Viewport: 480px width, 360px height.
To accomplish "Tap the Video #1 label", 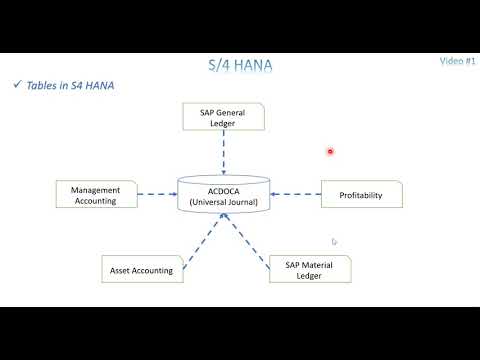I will [456, 62].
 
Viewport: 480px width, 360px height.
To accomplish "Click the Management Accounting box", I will [97, 194].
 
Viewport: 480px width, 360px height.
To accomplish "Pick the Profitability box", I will [361, 194].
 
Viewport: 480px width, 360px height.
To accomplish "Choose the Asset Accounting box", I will [140, 270].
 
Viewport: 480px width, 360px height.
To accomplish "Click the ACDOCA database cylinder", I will [224, 193].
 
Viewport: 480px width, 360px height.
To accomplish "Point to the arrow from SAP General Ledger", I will [224, 153].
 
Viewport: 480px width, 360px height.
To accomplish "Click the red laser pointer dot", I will [330, 152].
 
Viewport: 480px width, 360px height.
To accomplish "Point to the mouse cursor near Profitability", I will [334, 241].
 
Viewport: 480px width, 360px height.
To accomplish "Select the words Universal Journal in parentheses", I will [224, 203].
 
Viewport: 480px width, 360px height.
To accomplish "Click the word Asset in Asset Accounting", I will [122, 270].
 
